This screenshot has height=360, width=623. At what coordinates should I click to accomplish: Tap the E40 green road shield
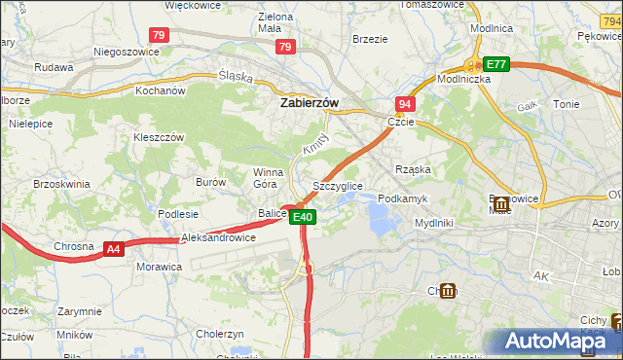(x=303, y=217)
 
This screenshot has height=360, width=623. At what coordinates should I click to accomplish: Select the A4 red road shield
(x=114, y=249)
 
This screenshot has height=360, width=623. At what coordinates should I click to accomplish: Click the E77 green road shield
(x=496, y=64)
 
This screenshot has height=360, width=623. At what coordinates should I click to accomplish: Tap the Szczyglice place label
(x=338, y=185)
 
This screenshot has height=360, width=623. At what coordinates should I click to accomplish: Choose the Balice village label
(x=272, y=213)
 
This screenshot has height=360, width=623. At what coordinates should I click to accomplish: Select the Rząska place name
(x=413, y=168)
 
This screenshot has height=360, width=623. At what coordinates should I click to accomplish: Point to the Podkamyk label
(x=402, y=198)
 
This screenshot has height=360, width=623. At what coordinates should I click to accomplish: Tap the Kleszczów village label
(x=159, y=138)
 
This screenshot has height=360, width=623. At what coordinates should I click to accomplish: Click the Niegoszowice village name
(x=126, y=52)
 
